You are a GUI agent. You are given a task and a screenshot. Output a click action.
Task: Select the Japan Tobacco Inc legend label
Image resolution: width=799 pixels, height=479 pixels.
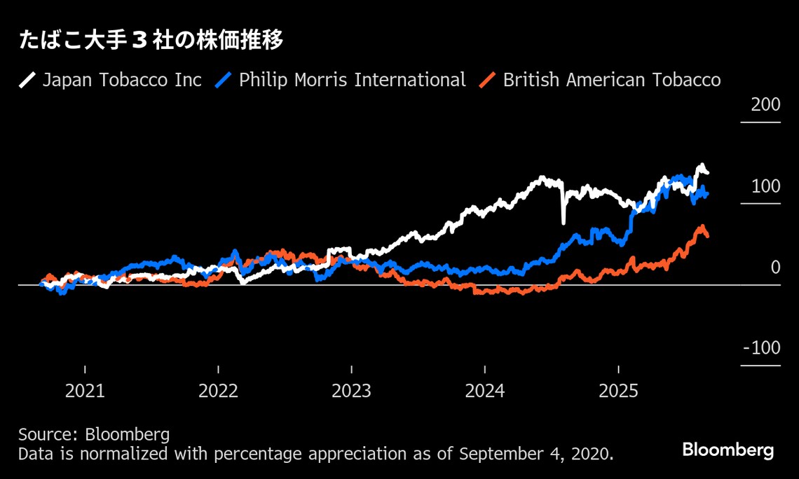(x=122, y=80)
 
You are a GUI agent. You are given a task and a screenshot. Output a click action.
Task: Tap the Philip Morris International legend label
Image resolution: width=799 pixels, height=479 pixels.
(x=352, y=80)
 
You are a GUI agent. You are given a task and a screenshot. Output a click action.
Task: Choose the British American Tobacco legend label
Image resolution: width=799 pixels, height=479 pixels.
(x=611, y=80)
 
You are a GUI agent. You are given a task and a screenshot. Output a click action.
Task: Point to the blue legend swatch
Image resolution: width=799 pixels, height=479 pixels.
(x=223, y=80)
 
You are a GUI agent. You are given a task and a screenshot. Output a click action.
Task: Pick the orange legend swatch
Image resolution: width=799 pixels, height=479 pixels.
(x=487, y=80)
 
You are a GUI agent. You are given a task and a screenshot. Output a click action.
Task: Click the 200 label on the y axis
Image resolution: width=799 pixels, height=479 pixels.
(x=765, y=106)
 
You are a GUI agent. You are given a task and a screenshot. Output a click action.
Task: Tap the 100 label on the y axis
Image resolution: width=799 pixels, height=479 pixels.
(x=765, y=187)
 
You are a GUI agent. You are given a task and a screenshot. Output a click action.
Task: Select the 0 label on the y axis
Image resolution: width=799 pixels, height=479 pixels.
(x=775, y=268)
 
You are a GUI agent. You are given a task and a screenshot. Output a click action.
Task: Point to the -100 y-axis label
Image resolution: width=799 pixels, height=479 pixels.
(x=762, y=349)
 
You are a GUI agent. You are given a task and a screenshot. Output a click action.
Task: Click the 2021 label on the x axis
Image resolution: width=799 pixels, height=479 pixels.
(x=85, y=391)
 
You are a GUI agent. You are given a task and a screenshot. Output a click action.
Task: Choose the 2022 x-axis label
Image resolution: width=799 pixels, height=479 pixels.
(x=218, y=391)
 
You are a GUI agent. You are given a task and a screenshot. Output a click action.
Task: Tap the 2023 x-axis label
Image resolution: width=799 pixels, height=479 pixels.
(x=351, y=391)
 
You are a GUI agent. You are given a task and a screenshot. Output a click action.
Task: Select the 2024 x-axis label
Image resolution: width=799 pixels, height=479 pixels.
(x=484, y=391)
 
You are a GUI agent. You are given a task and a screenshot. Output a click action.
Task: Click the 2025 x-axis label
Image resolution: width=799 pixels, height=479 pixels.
(x=618, y=391)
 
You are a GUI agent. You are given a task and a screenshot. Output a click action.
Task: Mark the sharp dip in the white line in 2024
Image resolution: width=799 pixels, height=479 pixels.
(x=564, y=220)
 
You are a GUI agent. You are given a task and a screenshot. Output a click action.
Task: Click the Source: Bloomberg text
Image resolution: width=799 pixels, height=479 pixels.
(x=94, y=434)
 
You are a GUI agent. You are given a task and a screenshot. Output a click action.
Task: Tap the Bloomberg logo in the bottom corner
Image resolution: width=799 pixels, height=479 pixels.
(x=728, y=450)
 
